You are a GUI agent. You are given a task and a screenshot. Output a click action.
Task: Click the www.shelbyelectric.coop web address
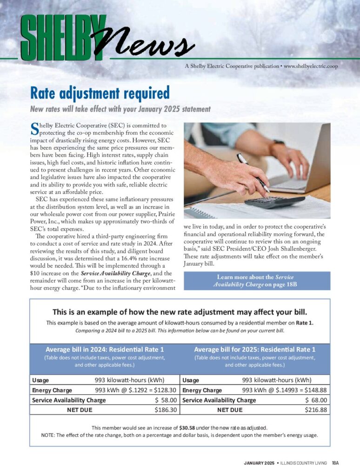pos(311,66)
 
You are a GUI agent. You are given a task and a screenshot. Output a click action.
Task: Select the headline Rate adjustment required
pos(100,93)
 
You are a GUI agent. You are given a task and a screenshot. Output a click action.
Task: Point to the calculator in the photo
pos(274,202)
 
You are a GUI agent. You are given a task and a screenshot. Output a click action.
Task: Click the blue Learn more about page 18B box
pos(257,280)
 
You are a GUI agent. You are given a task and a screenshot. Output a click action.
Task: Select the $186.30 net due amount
pos(166,410)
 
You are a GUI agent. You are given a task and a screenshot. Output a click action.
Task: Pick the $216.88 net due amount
pos(316,410)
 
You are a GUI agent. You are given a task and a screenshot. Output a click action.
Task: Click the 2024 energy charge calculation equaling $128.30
pos(135,390)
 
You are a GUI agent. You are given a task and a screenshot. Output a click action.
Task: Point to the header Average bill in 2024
pos(105,349)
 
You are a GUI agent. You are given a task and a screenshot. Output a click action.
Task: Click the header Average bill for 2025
pos(254,349)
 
